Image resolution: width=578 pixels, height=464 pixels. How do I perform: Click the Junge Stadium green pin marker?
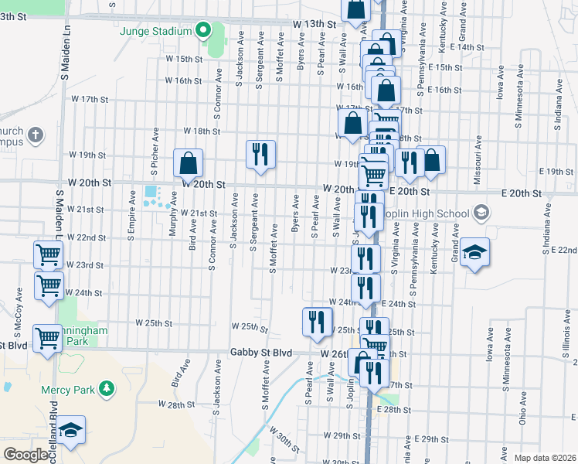pyautogui.click(x=203, y=31)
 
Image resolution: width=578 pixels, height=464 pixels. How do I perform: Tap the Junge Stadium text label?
pyautogui.click(x=155, y=32)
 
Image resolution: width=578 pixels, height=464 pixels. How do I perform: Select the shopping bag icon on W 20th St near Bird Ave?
pyautogui.click(x=188, y=163)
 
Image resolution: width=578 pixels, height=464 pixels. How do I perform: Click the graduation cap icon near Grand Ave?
pyautogui.click(x=474, y=253)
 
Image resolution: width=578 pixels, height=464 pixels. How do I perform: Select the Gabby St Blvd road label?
pyautogui.click(x=261, y=353)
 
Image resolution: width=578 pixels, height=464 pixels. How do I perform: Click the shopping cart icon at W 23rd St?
pyautogui.click(x=49, y=254)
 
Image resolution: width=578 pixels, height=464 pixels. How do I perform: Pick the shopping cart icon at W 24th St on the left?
pyautogui.click(x=49, y=285)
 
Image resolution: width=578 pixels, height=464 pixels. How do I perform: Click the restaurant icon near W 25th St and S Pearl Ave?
pyautogui.click(x=316, y=321)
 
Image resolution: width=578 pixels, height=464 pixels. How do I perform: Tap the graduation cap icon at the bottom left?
pyautogui.click(x=70, y=431)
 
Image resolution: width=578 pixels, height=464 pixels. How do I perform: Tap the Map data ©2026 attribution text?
pyautogui.click(x=544, y=458)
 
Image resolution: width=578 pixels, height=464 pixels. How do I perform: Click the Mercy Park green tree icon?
pyautogui.click(x=109, y=387)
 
